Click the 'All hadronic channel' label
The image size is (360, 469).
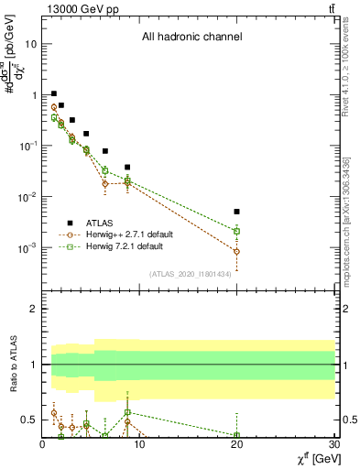[x=191, y=38]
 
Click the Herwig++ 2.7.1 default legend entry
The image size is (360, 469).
[x=128, y=234]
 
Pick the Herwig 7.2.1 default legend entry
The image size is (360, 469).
[x=124, y=246]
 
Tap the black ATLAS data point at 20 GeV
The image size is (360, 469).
[x=236, y=212]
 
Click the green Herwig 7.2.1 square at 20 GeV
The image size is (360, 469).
[x=236, y=231]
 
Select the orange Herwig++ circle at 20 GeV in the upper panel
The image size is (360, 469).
[x=236, y=251]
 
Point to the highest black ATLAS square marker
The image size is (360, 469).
[x=54, y=93]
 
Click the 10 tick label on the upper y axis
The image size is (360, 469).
[x=30, y=44]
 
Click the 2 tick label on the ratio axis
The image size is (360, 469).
[x=33, y=310]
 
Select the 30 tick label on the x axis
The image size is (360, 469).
[x=333, y=445]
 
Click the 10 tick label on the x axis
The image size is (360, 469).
[x=139, y=445]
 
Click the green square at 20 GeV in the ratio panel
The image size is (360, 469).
[x=236, y=435]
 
